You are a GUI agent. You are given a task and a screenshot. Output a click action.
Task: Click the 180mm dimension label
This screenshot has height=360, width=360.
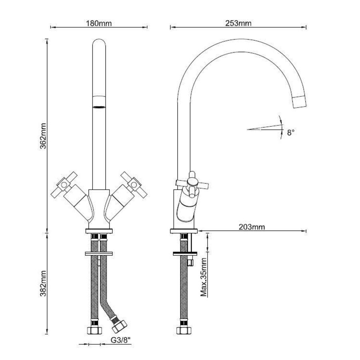click(x=99, y=23)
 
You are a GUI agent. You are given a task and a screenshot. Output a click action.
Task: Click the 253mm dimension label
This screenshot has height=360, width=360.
click(x=239, y=23)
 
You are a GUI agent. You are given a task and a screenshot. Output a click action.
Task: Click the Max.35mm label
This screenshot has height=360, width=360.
click(x=204, y=277)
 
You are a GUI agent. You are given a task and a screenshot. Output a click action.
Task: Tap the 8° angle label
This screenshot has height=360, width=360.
click(x=291, y=132)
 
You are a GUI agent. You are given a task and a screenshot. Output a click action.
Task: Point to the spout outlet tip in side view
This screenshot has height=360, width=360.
click(x=300, y=102)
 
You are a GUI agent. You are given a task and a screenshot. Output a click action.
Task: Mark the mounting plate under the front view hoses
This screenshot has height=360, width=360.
click(x=99, y=253)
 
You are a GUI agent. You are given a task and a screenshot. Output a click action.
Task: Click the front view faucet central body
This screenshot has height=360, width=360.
click(x=99, y=208)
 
